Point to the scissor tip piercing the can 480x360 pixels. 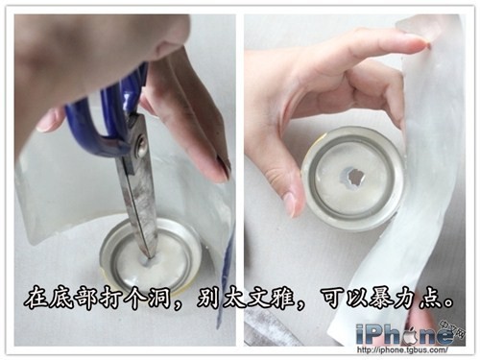(150, 256)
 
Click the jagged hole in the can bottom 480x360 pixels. (353, 179)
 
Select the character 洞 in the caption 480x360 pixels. (157, 299)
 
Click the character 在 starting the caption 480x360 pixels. (36, 299)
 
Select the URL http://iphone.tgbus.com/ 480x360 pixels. (402, 349)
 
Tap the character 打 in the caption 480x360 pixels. (108, 299)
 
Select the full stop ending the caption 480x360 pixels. (449, 303)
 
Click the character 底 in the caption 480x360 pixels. (60, 299)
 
